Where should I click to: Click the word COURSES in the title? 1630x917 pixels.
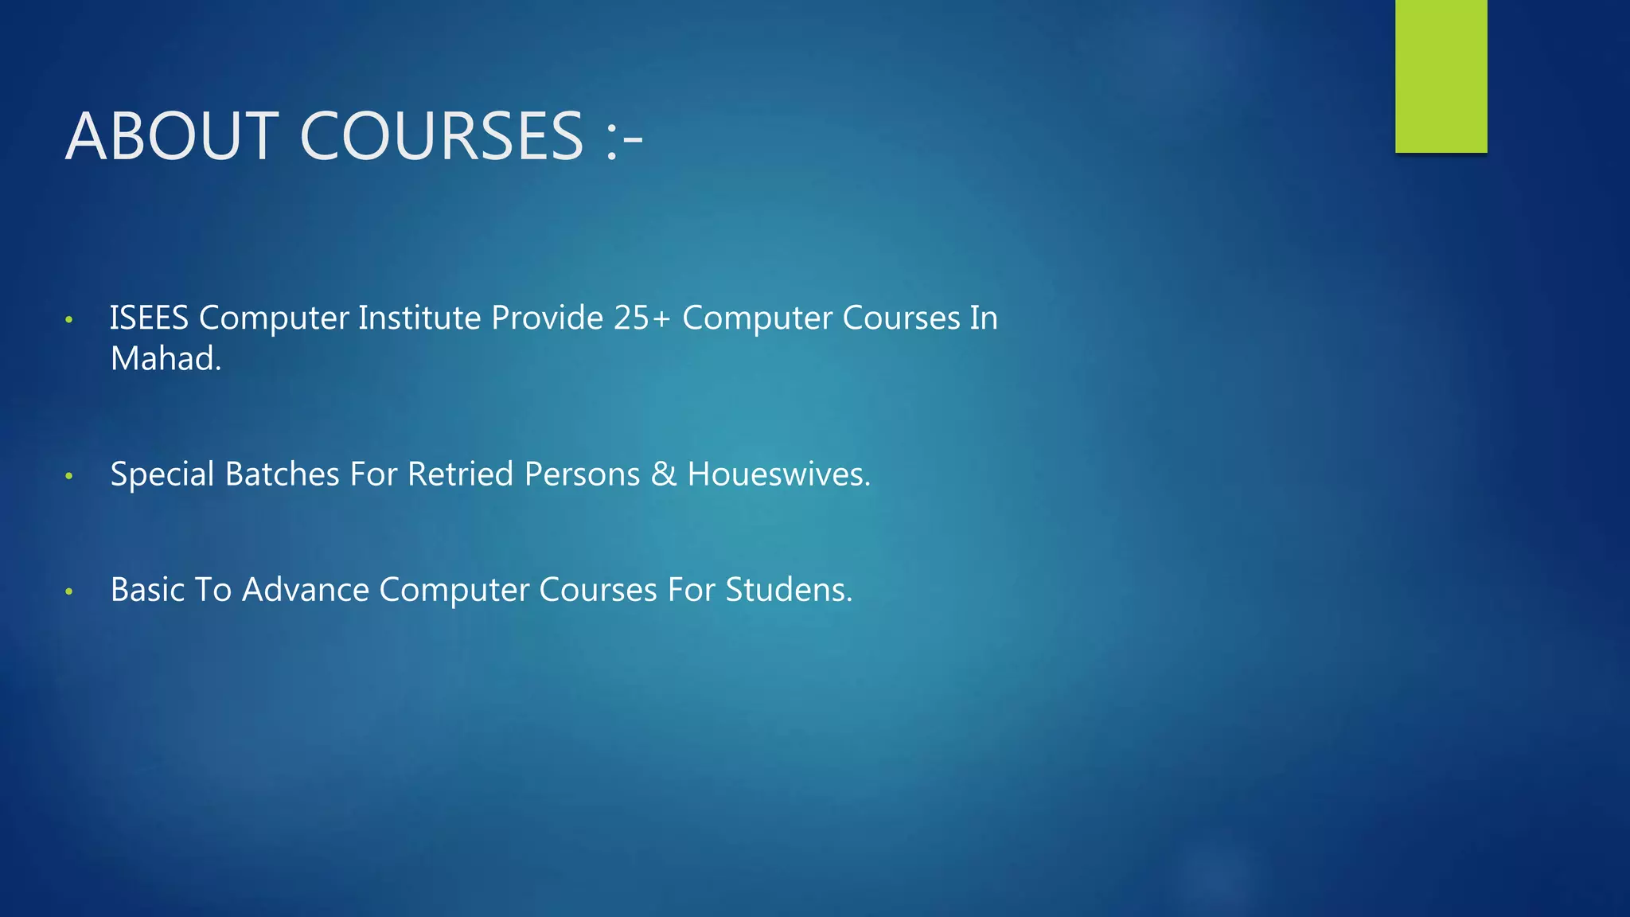point(442,136)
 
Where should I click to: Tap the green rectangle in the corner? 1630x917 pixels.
point(1441,76)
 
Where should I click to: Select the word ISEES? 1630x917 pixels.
point(149,318)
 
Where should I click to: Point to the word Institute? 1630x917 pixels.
point(419,318)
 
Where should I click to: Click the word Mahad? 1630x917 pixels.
point(166,359)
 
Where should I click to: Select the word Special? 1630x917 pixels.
point(162,474)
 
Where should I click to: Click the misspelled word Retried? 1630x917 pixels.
point(460,474)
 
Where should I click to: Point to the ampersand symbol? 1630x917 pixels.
point(664,474)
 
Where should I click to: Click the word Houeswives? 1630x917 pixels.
point(779,474)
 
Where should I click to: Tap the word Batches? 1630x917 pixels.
point(283,474)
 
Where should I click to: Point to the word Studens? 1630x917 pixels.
point(789,590)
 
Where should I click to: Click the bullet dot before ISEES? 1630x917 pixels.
point(69,320)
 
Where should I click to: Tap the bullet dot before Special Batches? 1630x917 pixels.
point(69,477)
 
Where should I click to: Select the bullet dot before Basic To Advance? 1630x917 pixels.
point(69,592)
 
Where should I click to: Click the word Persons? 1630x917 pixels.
point(582,474)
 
